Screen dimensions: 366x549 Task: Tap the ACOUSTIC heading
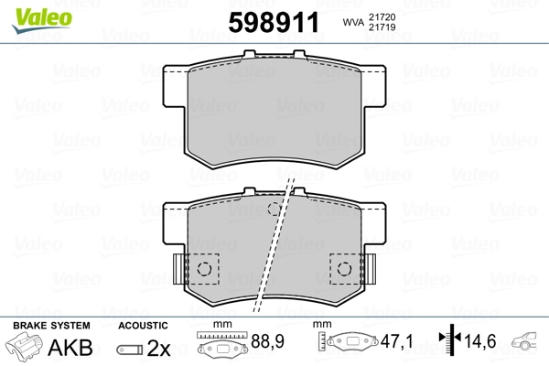click(144, 326)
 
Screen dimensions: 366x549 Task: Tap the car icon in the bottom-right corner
click(528, 342)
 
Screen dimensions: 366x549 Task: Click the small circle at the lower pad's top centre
click(273, 210)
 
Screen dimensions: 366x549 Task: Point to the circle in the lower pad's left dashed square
click(206, 269)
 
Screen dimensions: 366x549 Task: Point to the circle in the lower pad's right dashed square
click(346, 269)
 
